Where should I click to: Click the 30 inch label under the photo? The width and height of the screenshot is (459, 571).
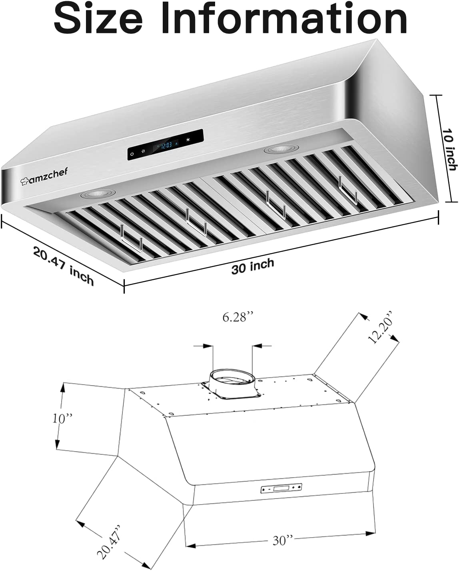tap(253, 266)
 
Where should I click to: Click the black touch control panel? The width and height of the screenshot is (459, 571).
tap(166, 145)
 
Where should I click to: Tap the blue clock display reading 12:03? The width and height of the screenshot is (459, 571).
tap(166, 145)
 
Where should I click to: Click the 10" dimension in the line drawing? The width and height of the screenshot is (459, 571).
tap(63, 418)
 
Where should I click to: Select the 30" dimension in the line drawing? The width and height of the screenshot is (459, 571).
tap(283, 541)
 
